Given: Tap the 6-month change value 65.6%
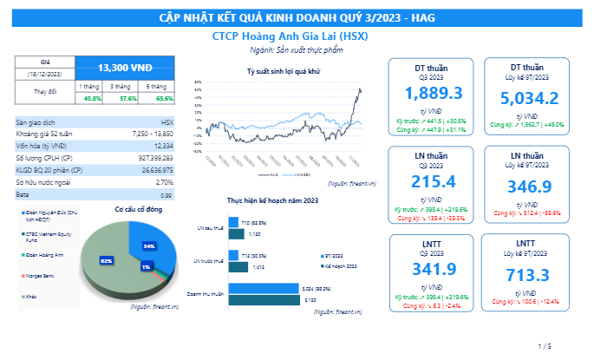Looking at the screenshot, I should (x=157, y=98).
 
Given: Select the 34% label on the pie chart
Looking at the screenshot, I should (x=148, y=246).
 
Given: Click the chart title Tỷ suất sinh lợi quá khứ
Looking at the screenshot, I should (x=284, y=72).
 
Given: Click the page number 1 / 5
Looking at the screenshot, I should (x=545, y=345).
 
